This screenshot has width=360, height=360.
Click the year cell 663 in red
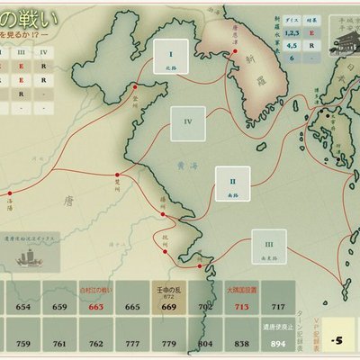click(95, 306)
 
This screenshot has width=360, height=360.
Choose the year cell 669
click(169, 306)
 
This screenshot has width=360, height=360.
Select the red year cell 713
click(242, 306)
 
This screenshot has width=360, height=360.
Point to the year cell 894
click(279, 342)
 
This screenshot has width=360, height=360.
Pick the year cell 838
click(242, 343)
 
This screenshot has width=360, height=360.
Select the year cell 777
click(132, 343)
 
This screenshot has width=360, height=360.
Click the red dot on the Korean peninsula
click(236, 51)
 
